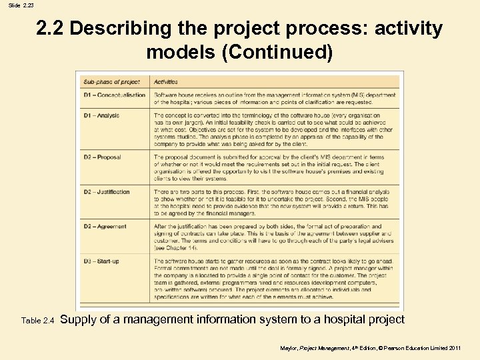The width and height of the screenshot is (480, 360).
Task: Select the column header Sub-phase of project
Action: click(111, 82)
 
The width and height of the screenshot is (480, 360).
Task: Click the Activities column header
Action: click(166, 82)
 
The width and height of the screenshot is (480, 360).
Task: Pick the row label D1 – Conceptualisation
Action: click(114, 95)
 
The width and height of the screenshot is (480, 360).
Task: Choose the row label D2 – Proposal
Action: click(102, 157)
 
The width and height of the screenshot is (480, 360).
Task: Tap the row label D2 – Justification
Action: click(107, 192)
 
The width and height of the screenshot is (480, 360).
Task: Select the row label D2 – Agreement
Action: click(105, 227)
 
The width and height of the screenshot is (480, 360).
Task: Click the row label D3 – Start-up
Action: click(101, 261)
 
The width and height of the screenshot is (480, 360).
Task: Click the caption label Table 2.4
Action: click(37, 321)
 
